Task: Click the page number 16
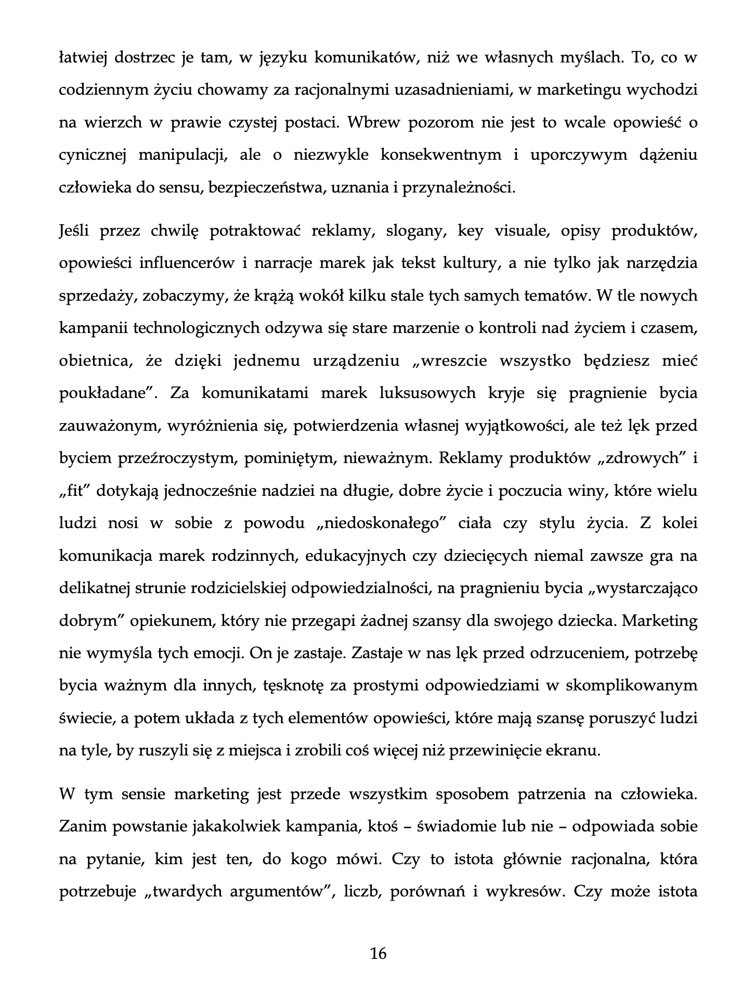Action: [378, 953]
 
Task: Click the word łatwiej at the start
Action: [83, 58]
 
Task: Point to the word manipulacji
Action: [182, 155]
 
